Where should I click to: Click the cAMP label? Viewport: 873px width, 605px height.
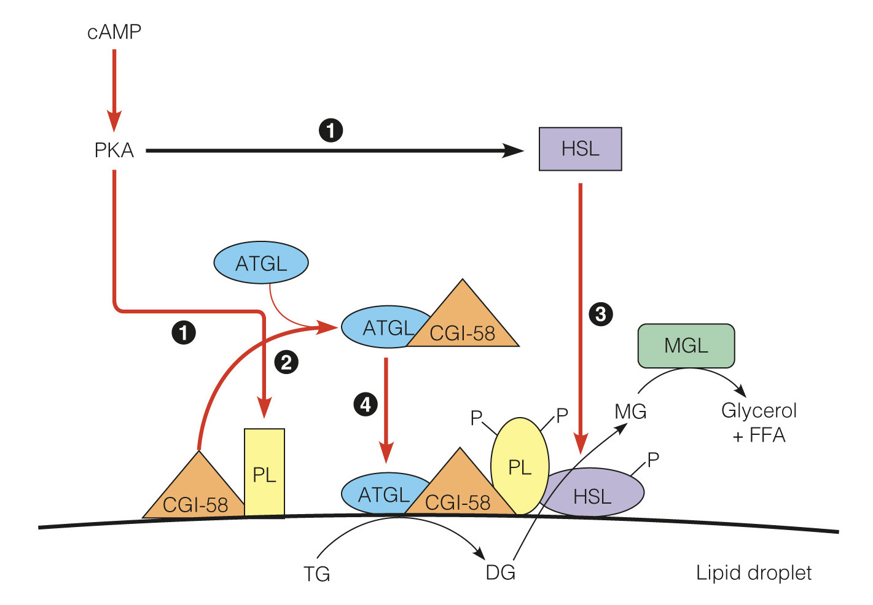[114, 31]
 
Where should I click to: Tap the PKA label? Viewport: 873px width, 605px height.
[114, 150]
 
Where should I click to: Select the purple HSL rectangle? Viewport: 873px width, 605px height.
[580, 149]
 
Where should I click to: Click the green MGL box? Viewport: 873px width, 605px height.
[686, 346]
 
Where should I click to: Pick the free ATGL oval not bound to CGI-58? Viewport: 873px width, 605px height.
[261, 263]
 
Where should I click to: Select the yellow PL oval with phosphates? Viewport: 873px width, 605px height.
[519, 466]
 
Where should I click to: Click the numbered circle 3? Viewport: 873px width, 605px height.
[600, 314]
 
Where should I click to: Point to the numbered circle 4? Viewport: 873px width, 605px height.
[366, 404]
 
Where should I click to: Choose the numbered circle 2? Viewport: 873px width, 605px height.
[286, 362]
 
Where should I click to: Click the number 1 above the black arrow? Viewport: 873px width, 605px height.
[331, 130]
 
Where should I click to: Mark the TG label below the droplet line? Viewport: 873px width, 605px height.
[317, 574]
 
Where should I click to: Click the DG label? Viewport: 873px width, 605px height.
[500, 572]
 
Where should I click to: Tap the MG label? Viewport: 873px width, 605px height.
[630, 412]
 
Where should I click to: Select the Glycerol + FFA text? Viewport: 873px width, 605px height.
[759, 423]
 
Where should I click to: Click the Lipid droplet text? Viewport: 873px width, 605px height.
[753, 572]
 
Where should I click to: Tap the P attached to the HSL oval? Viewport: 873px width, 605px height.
[653, 459]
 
